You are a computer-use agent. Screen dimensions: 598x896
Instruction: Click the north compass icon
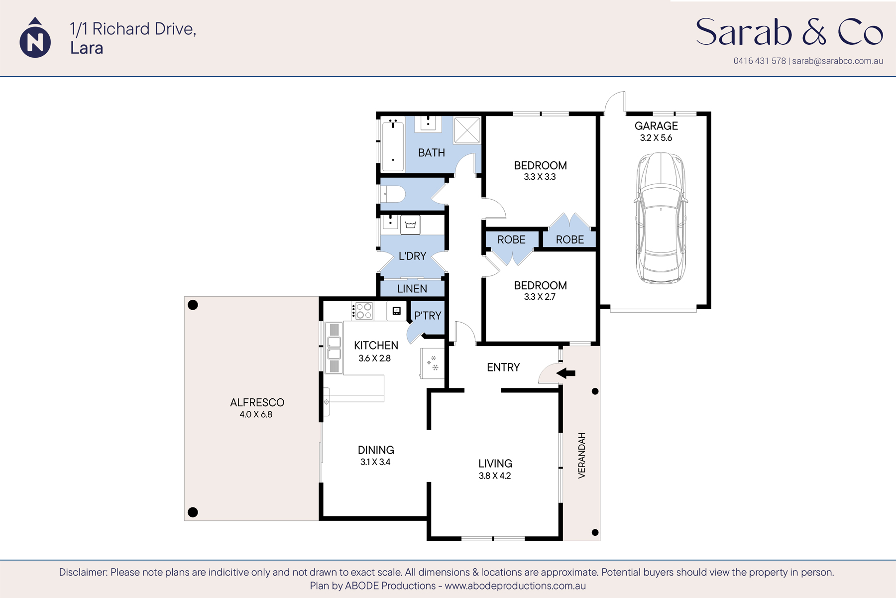pos(35,39)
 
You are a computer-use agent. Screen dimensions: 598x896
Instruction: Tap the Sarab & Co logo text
pos(789,32)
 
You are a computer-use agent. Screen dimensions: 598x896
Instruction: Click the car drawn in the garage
pos(661,218)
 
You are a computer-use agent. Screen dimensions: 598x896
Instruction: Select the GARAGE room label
pos(656,126)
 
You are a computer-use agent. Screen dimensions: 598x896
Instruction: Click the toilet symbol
pos(393,194)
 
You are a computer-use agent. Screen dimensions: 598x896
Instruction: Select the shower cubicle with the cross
pos(467,130)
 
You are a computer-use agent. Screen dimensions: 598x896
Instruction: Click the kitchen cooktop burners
pos(364,311)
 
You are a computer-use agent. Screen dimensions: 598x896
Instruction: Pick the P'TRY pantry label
pos(428,316)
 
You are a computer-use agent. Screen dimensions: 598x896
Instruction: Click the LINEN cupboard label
pos(412,289)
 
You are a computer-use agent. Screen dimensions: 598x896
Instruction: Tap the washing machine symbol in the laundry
pos(410,225)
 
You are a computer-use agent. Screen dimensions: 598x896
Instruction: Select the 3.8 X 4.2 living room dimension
pos(495,476)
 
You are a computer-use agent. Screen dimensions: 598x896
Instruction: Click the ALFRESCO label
pos(257,402)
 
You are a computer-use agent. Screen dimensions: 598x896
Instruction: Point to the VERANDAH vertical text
pos(581,456)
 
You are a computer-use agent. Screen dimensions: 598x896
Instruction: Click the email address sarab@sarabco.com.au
pos(837,61)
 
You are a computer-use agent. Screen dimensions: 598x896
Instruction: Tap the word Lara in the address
pos(87,48)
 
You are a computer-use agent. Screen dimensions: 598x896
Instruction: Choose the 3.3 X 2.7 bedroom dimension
pos(540,297)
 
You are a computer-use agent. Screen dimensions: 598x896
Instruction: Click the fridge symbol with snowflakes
pos(432,363)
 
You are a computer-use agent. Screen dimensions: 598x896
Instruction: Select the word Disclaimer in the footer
pos(83,572)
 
